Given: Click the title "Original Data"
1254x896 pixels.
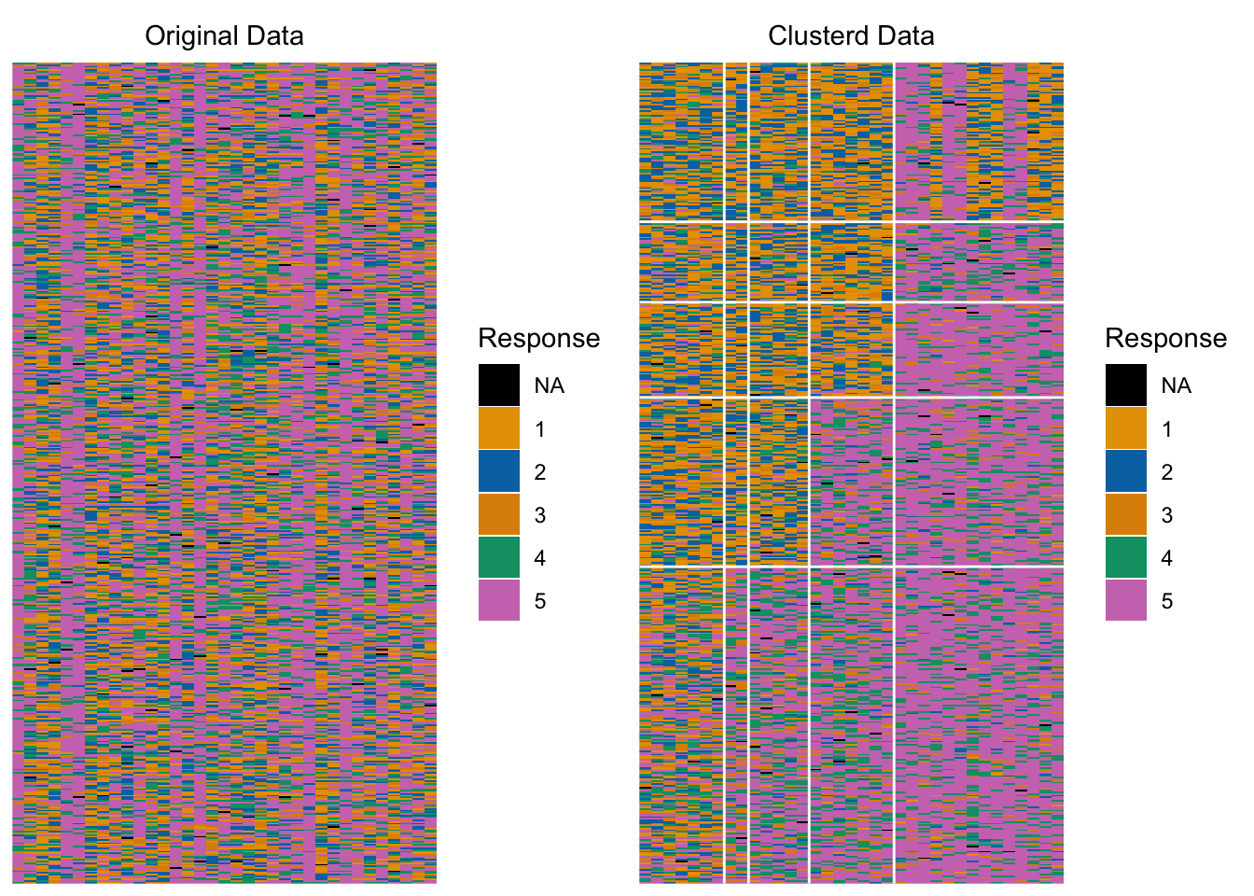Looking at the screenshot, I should click(224, 36).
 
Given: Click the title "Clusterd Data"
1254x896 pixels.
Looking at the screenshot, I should click(851, 36).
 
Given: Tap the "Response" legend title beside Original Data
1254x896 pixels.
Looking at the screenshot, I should click(538, 338).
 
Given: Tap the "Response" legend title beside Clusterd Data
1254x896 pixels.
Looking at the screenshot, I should click(1165, 338).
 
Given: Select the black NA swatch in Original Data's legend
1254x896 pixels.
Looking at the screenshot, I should click(499, 385).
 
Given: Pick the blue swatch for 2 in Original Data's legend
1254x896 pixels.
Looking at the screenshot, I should click(499, 471).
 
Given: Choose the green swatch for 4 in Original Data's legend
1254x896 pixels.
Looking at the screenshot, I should click(499, 557).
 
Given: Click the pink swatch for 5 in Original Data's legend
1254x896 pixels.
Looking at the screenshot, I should click(499, 600).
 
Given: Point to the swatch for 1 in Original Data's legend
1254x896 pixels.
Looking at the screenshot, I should click(499, 428).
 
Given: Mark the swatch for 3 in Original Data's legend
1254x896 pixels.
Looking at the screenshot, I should click(499, 514).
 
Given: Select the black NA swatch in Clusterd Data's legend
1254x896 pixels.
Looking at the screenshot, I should click(1126, 385).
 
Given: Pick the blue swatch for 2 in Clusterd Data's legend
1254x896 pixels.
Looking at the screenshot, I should click(1126, 471).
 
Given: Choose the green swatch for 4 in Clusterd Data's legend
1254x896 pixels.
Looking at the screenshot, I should click(1126, 557).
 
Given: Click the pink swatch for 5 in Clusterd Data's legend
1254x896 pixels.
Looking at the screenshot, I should click(1126, 600).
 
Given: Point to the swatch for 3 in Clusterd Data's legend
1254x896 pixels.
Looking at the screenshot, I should click(1126, 514).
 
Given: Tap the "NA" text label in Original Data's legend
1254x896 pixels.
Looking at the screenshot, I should click(550, 385).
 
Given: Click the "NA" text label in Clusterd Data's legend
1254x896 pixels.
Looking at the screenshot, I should click(1177, 385).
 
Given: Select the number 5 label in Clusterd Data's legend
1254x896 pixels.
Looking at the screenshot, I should click(1167, 601).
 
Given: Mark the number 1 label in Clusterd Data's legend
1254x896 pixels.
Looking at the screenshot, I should click(1167, 429).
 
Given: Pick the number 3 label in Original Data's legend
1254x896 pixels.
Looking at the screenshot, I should click(540, 515).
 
